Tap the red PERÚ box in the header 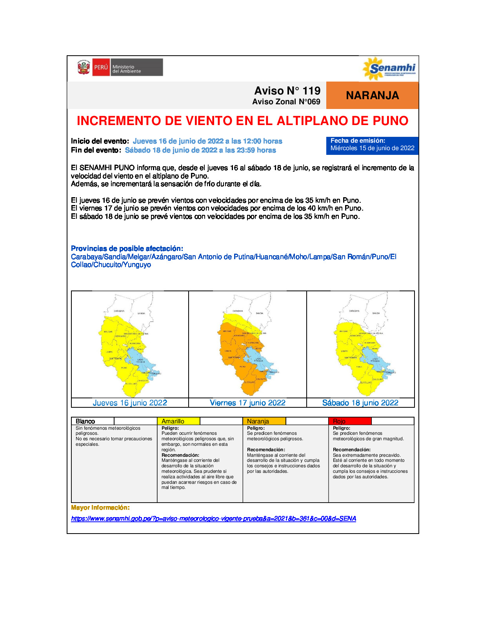pyautogui.click(x=101, y=67)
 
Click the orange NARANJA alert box pyautogui.click(x=372, y=95)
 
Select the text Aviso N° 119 pyautogui.click(x=287, y=91)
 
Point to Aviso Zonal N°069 pyautogui.click(x=286, y=102)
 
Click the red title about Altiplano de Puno pyautogui.click(x=242, y=121)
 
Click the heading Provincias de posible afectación pyautogui.click(x=127, y=249)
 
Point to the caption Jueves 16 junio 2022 pyautogui.click(x=130, y=403)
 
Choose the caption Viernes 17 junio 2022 pyautogui.click(x=247, y=403)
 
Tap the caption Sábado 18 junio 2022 pyautogui.click(x=360, y=403)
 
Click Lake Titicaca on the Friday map pyautogui.click(x=255, y=359)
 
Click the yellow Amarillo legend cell pyautogui.click(x=178, y=421)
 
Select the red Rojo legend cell pyautogui.click(x=349, y=421)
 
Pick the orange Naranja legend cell pyautogui.click(x=264, y=421)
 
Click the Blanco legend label pyautogui.click(x=85, y=421)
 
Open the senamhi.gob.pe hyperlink pyautogui.click(x=214, y=518)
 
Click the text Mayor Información pyautogui.click(x=100, y=508)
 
